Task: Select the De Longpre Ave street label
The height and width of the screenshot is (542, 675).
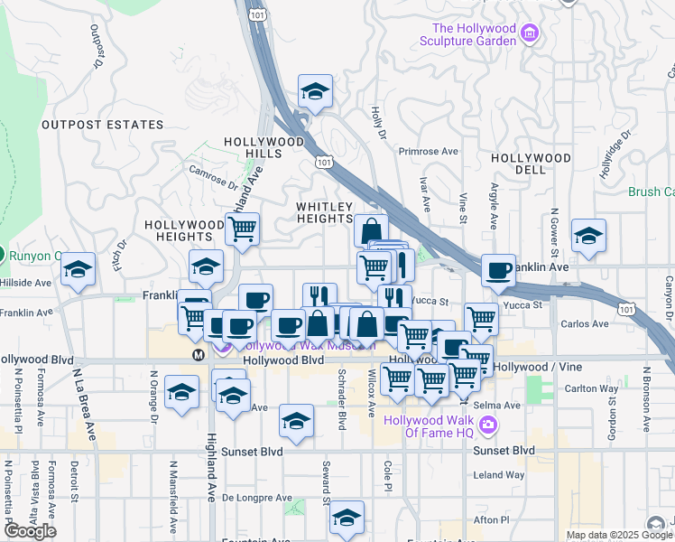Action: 257,498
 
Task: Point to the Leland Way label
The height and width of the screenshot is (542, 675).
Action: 499,474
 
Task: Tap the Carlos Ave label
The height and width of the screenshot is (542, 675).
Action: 585,322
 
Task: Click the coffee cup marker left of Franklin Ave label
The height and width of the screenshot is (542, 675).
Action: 498,269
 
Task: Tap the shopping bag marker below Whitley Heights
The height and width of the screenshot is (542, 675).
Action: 371,230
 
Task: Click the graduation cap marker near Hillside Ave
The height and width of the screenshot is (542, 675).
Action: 79,268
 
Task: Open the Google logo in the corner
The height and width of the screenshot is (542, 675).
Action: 30,531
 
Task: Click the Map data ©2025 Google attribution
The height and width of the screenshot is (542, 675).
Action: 618,535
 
